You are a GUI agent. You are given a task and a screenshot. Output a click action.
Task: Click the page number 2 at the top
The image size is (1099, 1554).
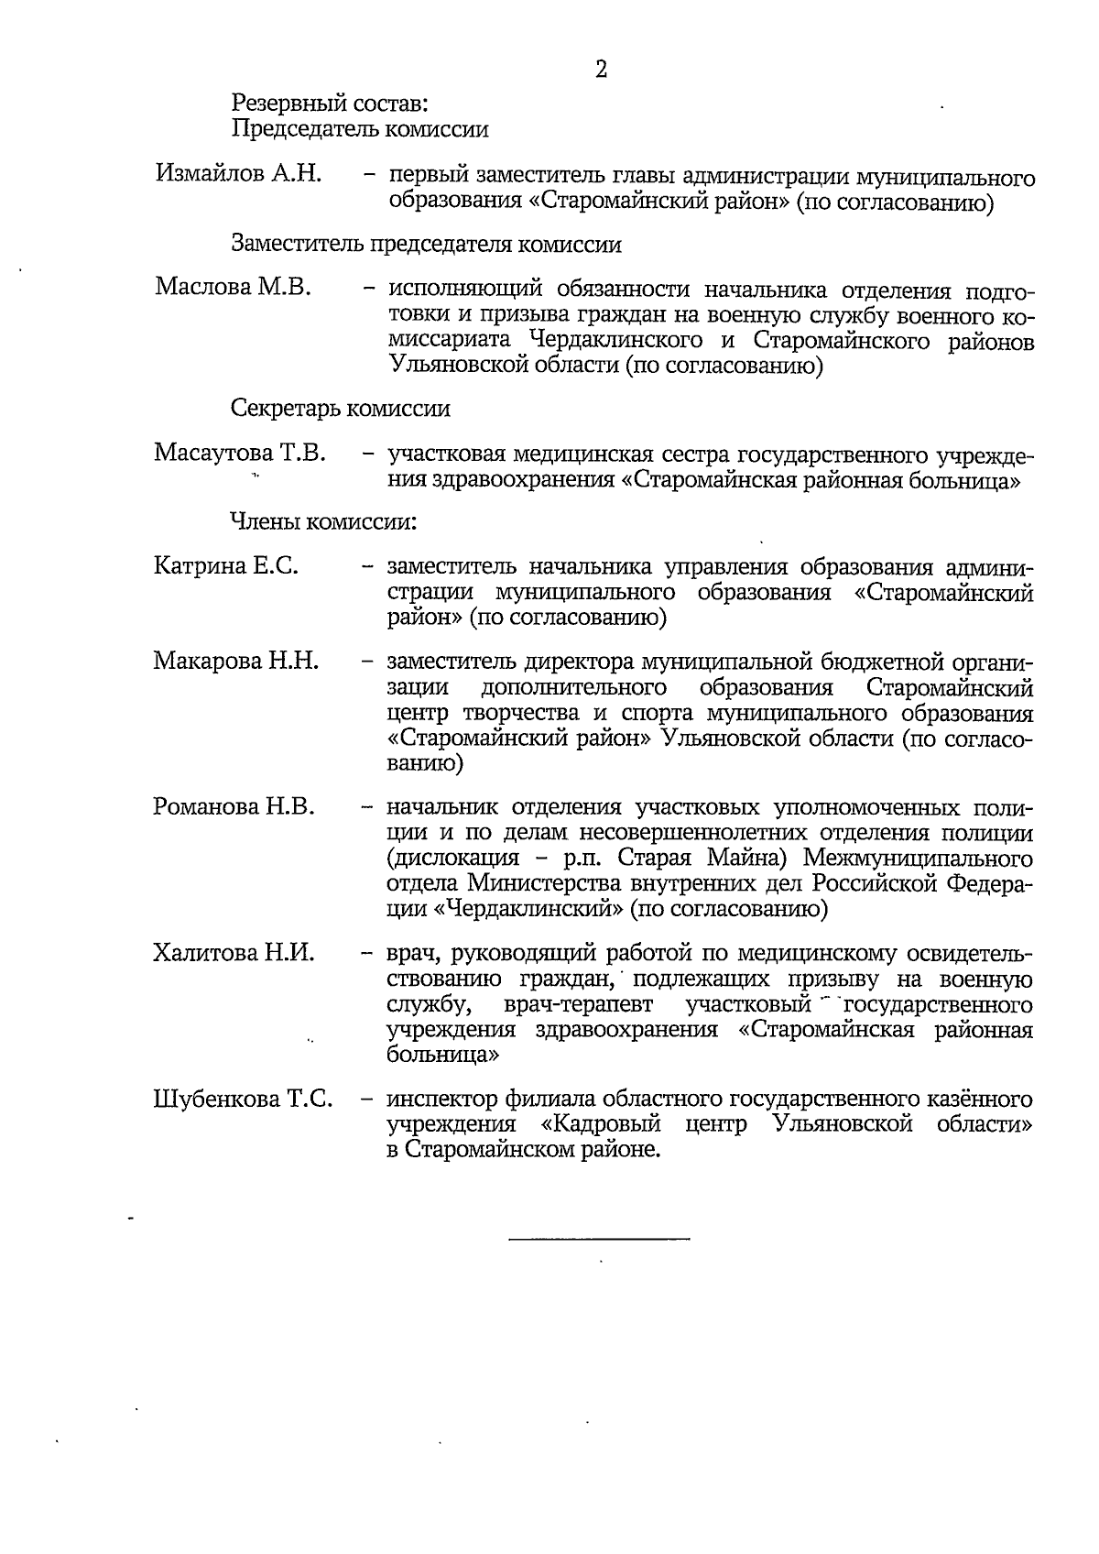click(601, 70)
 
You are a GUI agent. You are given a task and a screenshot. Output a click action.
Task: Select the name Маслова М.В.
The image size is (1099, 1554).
click(234, 288)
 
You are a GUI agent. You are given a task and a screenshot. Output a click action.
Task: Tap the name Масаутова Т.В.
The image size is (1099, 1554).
click(240, 453)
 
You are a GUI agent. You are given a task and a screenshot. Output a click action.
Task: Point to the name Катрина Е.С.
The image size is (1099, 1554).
click(227, 566)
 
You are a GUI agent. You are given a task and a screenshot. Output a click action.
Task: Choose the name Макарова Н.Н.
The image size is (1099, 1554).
click(236, 660)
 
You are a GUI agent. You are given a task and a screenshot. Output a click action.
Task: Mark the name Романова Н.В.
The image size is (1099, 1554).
click(234, 806)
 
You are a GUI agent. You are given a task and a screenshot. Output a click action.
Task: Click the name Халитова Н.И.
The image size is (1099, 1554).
click(234, 953)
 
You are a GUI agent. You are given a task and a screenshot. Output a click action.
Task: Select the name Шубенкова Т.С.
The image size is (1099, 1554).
click(243, 1099)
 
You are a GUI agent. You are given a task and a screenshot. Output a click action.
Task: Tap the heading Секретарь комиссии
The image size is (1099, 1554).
click(340, 408)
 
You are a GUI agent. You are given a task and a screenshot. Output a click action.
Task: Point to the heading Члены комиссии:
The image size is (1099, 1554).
click(323, 522)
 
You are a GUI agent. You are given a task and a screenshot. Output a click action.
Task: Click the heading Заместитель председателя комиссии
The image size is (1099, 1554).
click(426, 245)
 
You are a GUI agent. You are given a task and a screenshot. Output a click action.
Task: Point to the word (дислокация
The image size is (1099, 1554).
click(446, 859)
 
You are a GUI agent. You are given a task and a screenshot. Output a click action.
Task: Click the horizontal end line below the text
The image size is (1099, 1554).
click(599, 1240)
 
